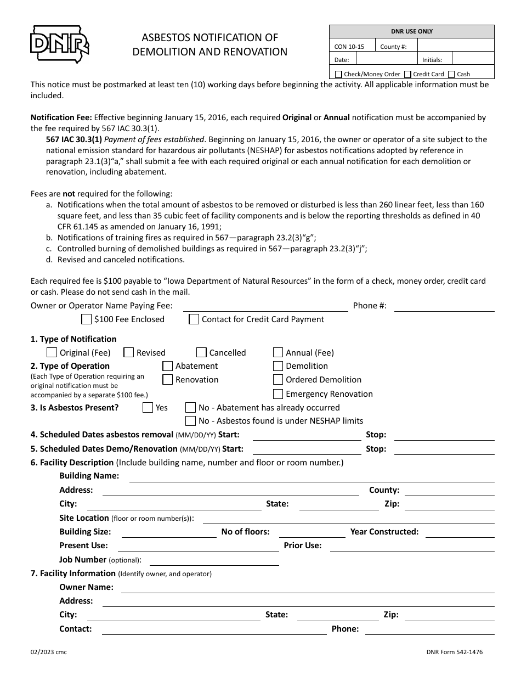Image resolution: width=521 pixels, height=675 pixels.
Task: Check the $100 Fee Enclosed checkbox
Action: (x=87, y=319)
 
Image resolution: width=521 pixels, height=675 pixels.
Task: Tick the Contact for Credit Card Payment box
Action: (x=194, y=319)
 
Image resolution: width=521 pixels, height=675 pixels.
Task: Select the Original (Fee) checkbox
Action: (x=52, y=353)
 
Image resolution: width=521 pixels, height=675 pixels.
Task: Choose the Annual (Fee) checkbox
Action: (x=278, y=353)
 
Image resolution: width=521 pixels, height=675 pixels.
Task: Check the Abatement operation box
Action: (x=168, y=366)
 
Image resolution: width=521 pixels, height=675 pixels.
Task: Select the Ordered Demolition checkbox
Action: (x=278, y=380)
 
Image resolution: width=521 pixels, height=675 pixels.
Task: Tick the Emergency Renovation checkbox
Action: (x=278, y=394)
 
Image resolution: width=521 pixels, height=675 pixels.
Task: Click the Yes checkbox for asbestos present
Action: (x=148, y=408)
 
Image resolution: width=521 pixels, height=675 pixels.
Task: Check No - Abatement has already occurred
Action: (x=191, y=408)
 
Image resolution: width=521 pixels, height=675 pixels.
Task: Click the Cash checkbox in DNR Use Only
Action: (x=451, y=74)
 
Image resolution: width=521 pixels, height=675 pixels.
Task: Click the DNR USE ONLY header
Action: (x=411, y=32)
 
